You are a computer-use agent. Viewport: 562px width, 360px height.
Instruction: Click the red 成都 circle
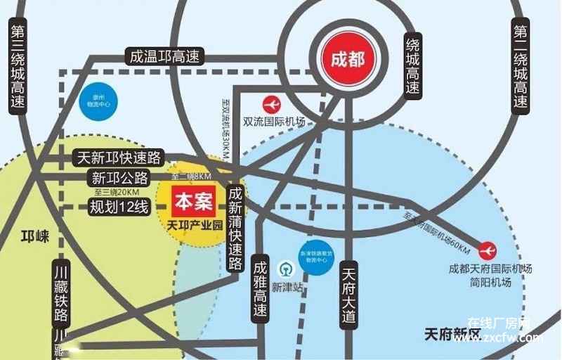pos(347,58)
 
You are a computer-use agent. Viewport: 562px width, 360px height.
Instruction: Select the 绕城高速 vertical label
pos(412,66)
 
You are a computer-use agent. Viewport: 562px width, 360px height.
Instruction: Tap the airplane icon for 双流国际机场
pos(272,104)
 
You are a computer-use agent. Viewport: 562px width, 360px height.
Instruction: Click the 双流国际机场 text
pos(274,122)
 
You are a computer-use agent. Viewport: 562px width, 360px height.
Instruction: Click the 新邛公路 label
pos(120,177)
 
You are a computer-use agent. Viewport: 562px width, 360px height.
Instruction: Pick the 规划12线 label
pos(119,207)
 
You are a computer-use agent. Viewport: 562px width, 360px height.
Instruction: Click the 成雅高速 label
pos(261,288)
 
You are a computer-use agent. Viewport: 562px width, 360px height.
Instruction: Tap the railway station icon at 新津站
pos(285,269)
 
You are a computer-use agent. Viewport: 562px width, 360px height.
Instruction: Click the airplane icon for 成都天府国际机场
pos(487,250)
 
